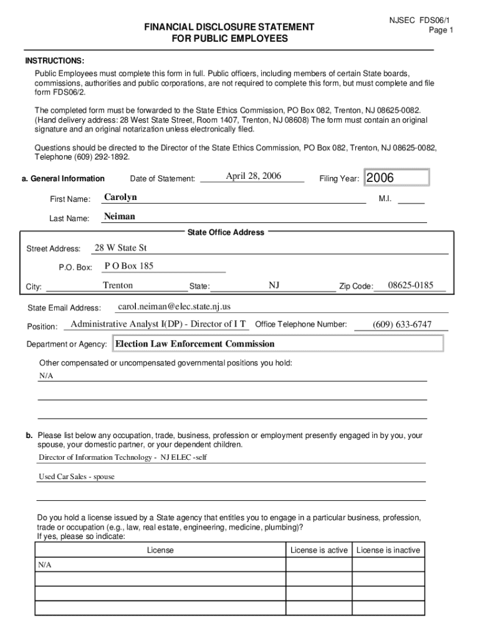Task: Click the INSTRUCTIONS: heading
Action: point(54,61)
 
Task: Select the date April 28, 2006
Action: point(254,176)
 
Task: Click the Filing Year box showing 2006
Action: point(397,178)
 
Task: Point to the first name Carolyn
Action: point(120,198)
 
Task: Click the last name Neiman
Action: point(119,217)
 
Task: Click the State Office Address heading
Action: point(226,232)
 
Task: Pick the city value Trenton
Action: point(118,285)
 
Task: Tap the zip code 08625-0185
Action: point(410,285)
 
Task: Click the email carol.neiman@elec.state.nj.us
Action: point(174,307)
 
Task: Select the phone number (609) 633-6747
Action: point(401,325)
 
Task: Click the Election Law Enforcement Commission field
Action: point(195,344)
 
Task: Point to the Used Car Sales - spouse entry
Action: point(77,477)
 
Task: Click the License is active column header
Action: point(319,550)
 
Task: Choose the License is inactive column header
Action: point(388,550)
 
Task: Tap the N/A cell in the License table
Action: point(45,564)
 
